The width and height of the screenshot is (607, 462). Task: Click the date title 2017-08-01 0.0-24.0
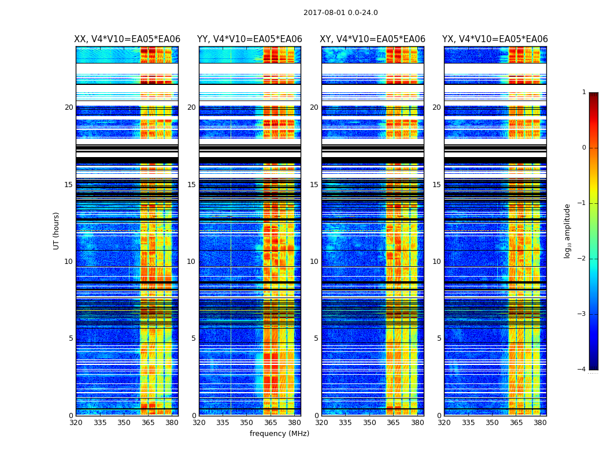(x=340, y=13)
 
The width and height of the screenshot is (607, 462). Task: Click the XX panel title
(x=127, y=39)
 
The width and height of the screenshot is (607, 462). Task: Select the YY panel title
(x=250, y=39)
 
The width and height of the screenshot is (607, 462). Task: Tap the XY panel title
(x=373, y=39)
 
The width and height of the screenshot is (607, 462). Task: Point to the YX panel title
(x=495, y=39)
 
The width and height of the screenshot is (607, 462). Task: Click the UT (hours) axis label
(x=57, y=230)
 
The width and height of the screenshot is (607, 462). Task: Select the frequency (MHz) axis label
(x=279, y=434)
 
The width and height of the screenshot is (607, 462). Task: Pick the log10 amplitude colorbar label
(x=568, y=230)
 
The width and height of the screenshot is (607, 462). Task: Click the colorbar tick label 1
(x=584, y=92)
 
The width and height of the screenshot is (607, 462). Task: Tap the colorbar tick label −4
(x=583, y=370)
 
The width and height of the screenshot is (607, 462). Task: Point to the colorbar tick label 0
(x=584, y=148)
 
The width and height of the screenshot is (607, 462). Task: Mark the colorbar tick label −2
(x=583, y=259)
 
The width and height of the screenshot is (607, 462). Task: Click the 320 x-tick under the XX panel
(x=76, y=423)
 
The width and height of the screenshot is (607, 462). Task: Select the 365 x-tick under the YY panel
(x=271, y=423)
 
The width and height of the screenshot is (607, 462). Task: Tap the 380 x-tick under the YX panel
(x=540, y=423)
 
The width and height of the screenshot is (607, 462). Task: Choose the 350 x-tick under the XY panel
(x=369, y=423)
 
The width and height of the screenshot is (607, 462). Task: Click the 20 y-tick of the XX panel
(x=69, y=107)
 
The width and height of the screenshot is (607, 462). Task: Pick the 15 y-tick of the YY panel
(x=191, y=185)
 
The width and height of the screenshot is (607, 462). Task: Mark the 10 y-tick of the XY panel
(x=314, y=262)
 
